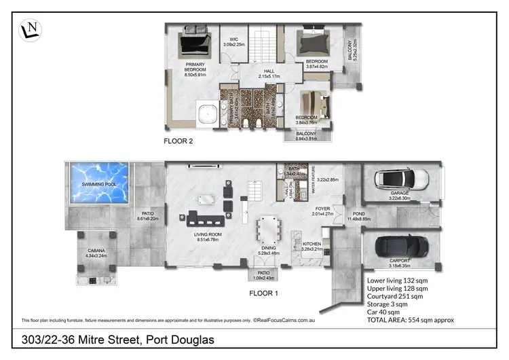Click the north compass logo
coord(29,29)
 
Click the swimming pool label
coord(98,185)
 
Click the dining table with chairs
coord(269,231)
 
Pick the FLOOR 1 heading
coord(264,293)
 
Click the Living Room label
coord(195,236)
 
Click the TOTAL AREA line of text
coord(410,319)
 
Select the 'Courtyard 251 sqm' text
coord(395,296)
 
